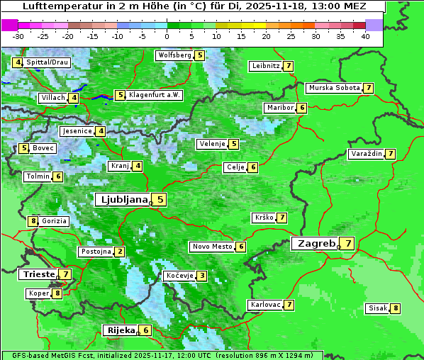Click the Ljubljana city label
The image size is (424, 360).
(122, 200)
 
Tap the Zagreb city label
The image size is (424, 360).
(316, 244)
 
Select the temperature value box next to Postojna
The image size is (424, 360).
(120, 252)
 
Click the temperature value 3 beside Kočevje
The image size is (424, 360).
(202, 276)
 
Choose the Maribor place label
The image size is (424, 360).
(279, 108)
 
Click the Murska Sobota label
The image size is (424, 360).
(333, 88)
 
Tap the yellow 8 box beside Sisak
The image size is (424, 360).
(395, 308)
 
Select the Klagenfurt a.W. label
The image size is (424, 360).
(154, 95)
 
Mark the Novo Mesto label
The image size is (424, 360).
(212, 247)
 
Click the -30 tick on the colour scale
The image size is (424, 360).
(18, 36)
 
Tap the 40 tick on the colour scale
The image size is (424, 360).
(365, 36)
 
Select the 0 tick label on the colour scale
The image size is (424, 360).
(167, 36)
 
